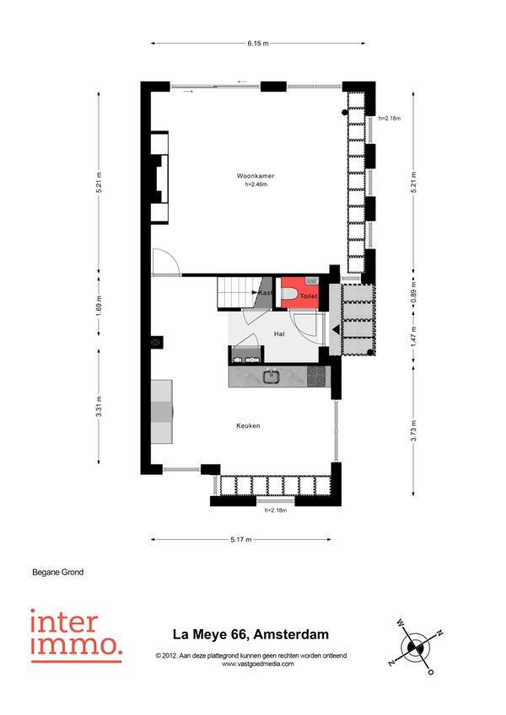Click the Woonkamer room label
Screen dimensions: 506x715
tap(256, 175)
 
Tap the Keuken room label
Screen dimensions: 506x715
tap(248, 425)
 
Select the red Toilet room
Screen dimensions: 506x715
tap(299, 294)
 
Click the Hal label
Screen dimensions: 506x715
tap(279, 333)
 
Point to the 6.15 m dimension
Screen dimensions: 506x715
tap(258, 43)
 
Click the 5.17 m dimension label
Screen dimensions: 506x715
tap(240, 540)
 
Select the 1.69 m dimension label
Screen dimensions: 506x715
tap(100, 305)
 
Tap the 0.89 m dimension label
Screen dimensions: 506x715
tap(413, 296)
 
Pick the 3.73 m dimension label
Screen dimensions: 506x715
tap(413, 430)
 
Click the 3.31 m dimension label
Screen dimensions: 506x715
tap(100, 406)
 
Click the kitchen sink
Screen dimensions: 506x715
tap(272, 376)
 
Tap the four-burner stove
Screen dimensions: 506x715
tap(316, 376)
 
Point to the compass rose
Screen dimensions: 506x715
tap(415, 647)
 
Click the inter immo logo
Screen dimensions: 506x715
tap(76, 635)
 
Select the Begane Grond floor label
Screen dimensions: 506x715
tap(58, 572)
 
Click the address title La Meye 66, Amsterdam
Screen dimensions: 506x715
tap(250, 634)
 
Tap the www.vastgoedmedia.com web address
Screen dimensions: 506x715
tap(257, 664)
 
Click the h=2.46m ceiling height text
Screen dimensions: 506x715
tap(256, 184)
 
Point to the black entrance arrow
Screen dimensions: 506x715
tap(336, 329)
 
